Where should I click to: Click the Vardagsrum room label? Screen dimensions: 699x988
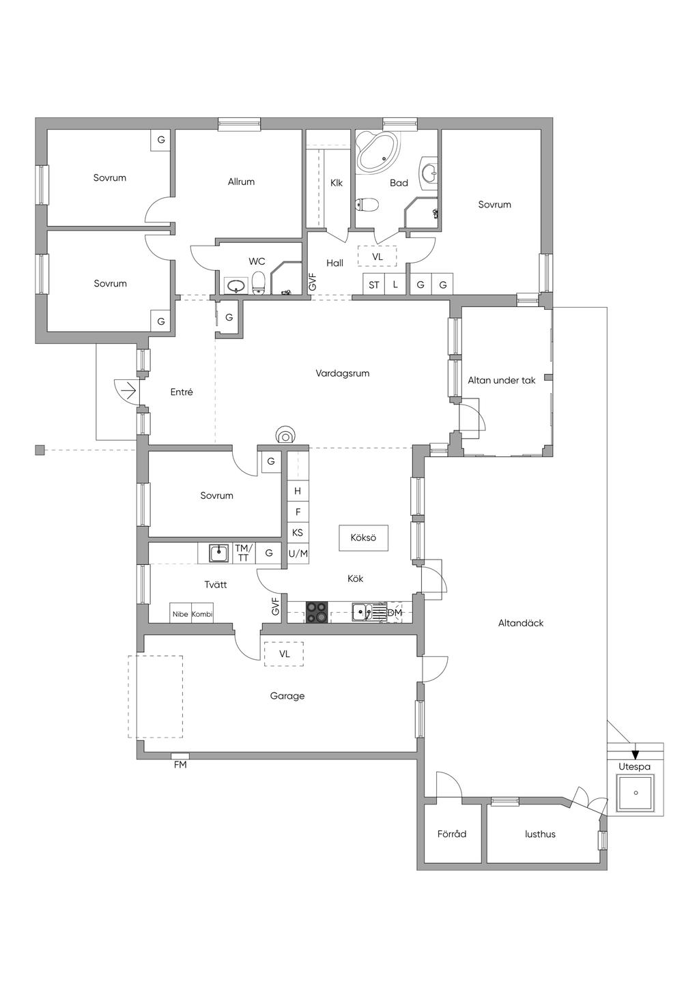(343, 374)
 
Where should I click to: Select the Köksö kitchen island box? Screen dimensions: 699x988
(363, 538)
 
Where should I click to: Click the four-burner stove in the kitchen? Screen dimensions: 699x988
(317, 613)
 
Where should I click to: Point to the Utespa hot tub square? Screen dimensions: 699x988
(636, 793)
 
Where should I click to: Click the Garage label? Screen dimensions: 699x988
(287, 696)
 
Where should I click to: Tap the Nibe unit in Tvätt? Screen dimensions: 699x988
(180, 613)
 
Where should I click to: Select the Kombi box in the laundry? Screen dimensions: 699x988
(202, 613)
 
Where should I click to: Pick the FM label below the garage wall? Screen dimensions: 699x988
(180, 765)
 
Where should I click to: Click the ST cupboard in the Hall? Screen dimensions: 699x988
(374, 285)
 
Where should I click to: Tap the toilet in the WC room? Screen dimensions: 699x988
(259, 282)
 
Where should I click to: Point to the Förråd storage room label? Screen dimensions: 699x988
(452, 834)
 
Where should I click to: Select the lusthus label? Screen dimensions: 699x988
(540, 834)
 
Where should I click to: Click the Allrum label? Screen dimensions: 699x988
(241, 181)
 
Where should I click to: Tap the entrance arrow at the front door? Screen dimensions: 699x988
(128, 391)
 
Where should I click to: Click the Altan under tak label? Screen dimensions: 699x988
(501, 380)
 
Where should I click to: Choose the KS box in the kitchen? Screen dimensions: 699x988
(298, 532)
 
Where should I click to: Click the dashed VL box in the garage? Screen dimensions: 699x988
(284, 654)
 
